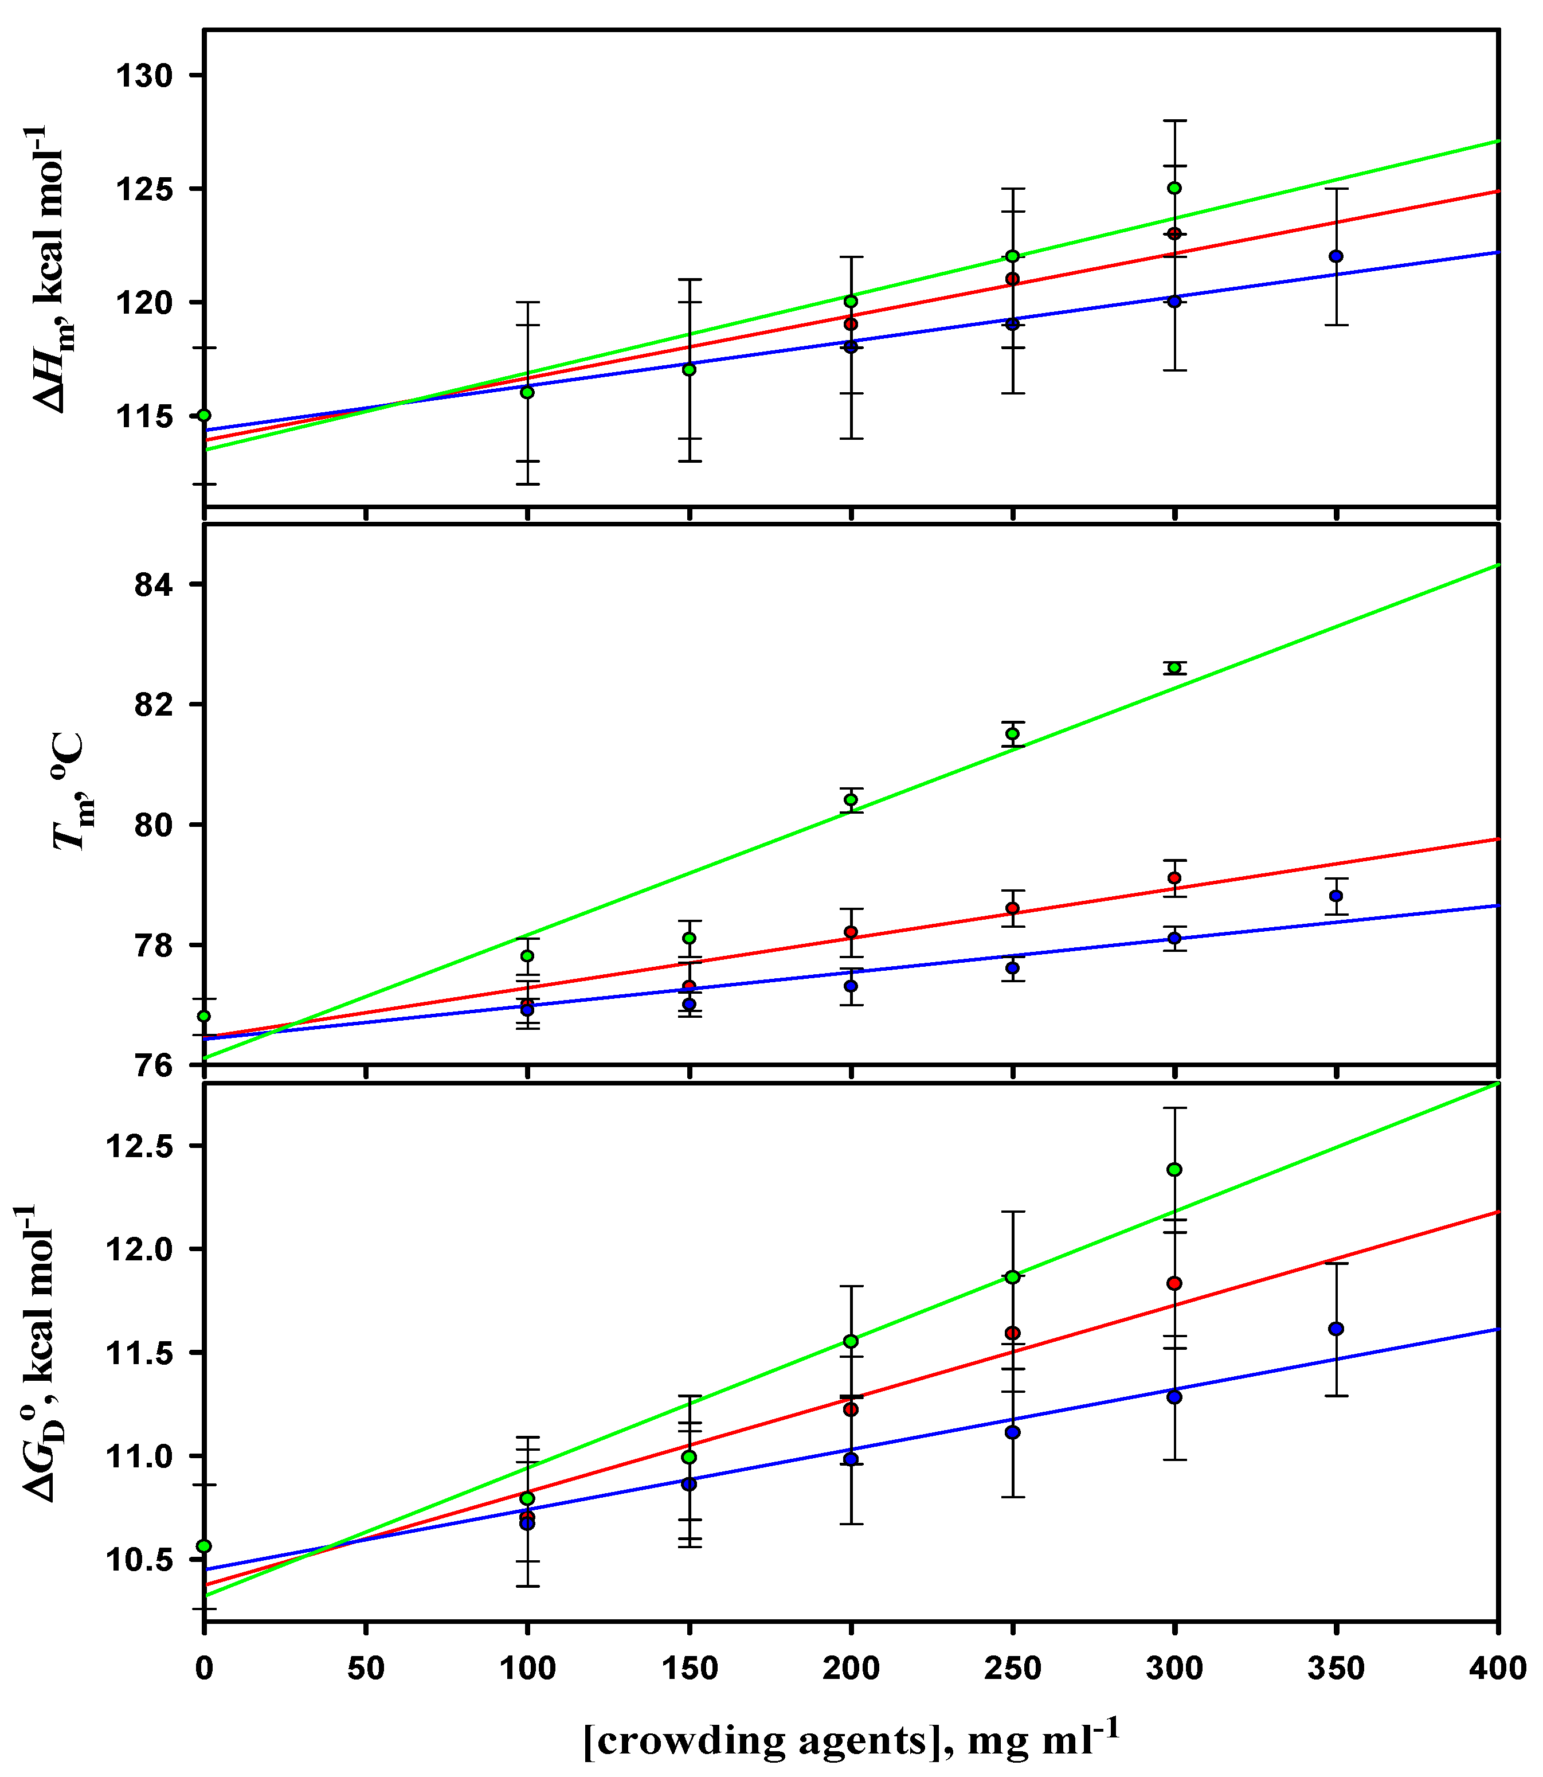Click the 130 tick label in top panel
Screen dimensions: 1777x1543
(x=144, y=76)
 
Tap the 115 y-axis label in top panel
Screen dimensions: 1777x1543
(x=144, y=416)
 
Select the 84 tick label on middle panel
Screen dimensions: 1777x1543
(x=153, y=585)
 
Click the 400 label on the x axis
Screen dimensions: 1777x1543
(x=1498, y=1669)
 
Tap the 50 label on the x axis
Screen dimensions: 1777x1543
(x=365, y=1669)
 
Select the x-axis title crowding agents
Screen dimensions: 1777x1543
(x=851, y=1740)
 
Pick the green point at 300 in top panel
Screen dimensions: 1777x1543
(x=1174, y=188)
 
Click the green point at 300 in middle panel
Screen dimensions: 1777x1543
(x=1174, y=667)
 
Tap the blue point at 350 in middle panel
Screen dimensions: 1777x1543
(x=1336, y=896)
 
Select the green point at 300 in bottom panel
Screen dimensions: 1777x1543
(x=1174, y=1170)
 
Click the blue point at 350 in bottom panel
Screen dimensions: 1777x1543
(x=1336, y=1329)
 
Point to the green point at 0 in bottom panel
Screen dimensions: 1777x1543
(x=204, y=1546)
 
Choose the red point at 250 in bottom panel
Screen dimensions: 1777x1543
(x=1013, y=1333)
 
